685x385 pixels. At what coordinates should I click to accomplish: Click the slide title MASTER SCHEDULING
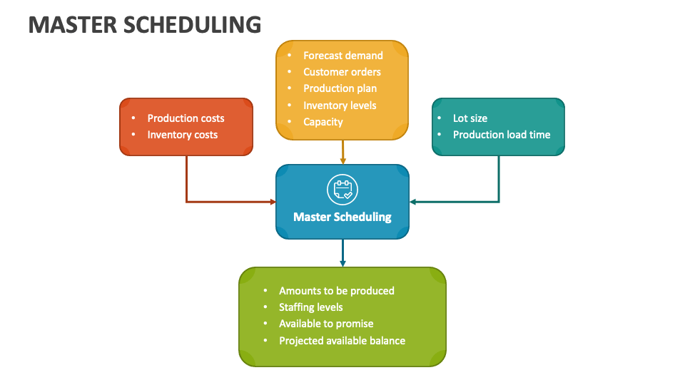(x=145, y=24)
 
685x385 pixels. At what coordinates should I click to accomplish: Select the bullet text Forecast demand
(x=342, y=56)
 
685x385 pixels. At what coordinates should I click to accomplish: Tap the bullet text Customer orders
(x=342, y=72)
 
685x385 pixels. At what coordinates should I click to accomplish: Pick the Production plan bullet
(x=340, y=88)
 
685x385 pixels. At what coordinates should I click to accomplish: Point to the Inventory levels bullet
(x=340, y=106)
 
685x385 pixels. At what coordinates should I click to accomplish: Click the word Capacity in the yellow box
(x=323, y=122)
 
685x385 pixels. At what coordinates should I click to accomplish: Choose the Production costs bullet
(x=186, y=118)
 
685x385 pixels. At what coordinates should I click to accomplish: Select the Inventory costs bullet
(x=183, y=135)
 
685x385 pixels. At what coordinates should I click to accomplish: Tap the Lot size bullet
(x=470, y=118)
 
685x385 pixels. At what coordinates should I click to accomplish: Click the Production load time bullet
(x=502, y=135)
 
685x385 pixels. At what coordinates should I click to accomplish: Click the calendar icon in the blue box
(x=342, y=190)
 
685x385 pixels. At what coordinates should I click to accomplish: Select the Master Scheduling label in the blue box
(x=342, y=217)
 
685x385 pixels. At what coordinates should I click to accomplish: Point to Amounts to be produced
(x=336, y=291)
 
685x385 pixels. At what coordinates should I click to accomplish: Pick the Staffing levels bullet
(x=310, y=307)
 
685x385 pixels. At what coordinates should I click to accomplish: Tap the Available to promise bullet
(x=326, y=324)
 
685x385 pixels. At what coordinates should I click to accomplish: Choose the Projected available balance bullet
(x=342, y=341)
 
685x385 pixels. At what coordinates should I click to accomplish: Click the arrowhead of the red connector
(x=273, y=202)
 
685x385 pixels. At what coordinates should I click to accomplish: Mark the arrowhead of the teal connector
(x=413, y=202)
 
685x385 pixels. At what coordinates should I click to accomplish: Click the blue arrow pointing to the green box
(x=342, y=254)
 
